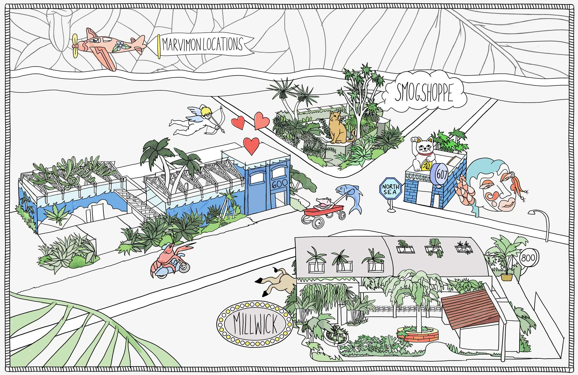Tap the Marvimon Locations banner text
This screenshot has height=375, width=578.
point(202,44)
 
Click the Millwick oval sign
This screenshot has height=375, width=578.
point(255,324)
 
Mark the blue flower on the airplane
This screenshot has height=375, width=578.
point(119,46)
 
